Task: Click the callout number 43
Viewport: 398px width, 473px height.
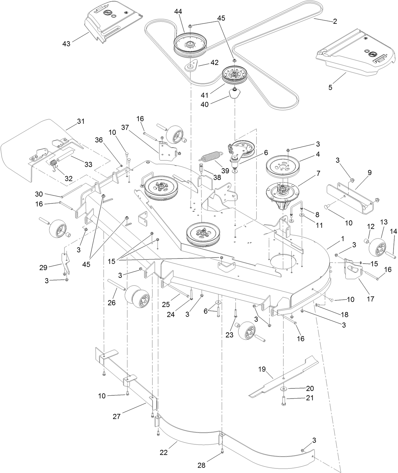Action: [x=66, y=43]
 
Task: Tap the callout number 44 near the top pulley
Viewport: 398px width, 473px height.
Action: [x=178, y=12]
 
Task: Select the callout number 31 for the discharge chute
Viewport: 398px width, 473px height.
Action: [x=81, y=121]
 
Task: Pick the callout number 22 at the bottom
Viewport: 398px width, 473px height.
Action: [x=164, y=452]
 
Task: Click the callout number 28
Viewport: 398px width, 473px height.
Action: [x=201, y=465]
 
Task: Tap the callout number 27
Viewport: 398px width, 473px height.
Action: [x=117, y=416]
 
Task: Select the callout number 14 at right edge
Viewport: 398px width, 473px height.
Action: [x=393, y=232]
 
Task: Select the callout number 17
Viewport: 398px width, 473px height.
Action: [x=370, y=298]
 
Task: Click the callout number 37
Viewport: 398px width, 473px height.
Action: [x=125, y=127]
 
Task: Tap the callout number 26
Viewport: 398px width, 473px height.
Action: [x=112, y=303]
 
